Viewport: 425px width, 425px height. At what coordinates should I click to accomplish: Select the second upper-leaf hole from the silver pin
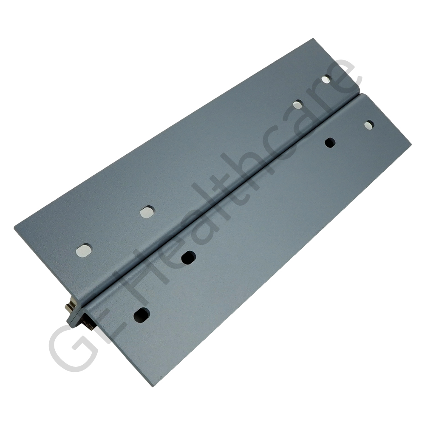pyautogui.click(x=147, y=212)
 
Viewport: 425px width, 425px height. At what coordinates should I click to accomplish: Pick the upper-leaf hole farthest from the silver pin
pyautogui.click(x=326, y=79)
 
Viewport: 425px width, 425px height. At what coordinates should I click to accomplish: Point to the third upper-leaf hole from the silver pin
pyautogui.click(x=298, y=104)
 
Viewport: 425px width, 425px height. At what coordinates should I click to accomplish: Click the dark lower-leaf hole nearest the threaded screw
pyautogui.click(x=142, y=314)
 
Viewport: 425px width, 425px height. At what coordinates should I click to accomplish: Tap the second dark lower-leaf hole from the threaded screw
pyautogui.click(x=188, y=257)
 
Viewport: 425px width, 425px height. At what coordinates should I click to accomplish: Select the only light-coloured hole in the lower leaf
pyautogui.click(x=369, y=125)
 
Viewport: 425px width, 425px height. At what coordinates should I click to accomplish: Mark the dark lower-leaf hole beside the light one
pyautogui.click(x=330, y=143)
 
